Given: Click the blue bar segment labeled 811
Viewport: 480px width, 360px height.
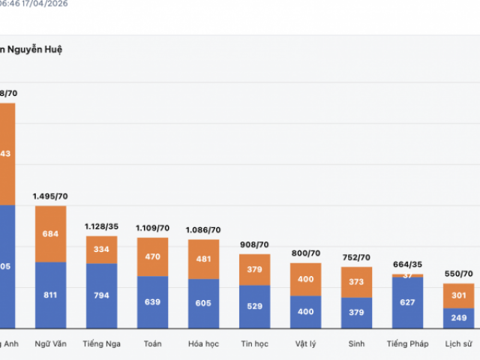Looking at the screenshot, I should (x=51, y=295).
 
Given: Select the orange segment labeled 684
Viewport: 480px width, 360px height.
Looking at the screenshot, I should (x=51, y=234).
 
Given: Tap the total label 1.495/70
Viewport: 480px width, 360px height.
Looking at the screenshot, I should (x=51, y=196).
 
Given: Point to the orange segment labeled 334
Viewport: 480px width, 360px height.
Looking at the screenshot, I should (x=102, y=250).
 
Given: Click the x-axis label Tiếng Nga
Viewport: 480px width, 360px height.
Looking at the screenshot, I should (x=102, y=344).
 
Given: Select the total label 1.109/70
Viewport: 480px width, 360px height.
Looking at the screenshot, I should (x=153, y=227).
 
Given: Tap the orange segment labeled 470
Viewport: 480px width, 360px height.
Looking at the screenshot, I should (x=153, y=256).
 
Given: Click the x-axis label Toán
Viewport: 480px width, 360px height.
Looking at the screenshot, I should (x=153, y=344).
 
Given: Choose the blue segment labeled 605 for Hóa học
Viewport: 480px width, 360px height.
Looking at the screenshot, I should (x=204, y=303).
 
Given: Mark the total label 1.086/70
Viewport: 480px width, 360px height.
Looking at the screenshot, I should (x=204, y=229).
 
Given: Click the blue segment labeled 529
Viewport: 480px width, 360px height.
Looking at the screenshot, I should (x=255, y=306).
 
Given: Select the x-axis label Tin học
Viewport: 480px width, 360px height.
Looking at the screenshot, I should (x=255, y=344).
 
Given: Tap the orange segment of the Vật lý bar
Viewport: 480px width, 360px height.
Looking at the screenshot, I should (x=305, y=279).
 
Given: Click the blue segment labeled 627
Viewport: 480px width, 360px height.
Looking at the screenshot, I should (x=407, y=302).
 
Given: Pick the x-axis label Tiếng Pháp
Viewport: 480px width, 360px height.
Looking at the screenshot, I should (x=407, y=344).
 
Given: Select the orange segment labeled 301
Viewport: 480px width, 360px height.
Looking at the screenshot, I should (x=458, y=295).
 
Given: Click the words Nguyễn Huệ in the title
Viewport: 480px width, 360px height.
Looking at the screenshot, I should (x=38, y=49).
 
